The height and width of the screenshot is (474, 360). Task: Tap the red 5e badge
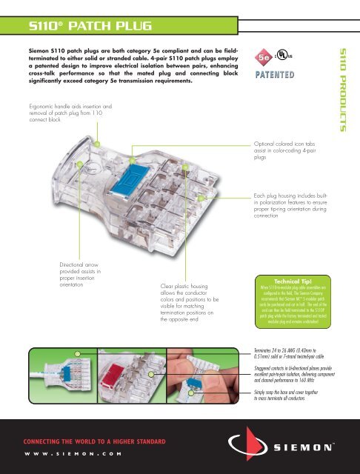tap(263, 56)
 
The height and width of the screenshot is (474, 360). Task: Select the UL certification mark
tap(283, 56)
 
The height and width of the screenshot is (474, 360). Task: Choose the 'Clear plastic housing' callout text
tap(188, 304)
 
